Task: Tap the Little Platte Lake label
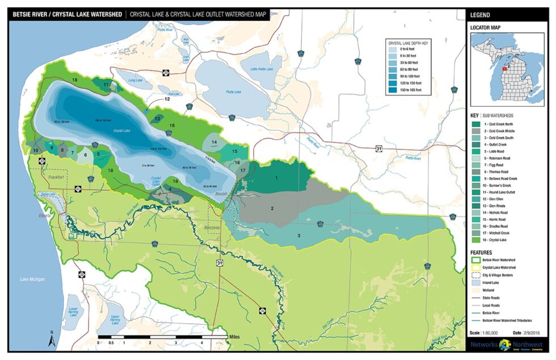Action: click(x=262, y=69)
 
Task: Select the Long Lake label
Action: click(x=136, y=81)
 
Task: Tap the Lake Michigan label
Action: click(x=32, y=279)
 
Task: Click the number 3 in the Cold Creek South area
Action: click(x=299, y=235)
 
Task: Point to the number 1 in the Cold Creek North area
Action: click(x=276, y=178)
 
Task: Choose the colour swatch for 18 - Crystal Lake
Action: click(x=476, y=240)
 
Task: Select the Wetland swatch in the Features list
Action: click(x=476, y=289)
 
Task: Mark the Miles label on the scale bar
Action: click(x=235, y=337)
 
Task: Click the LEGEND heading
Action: click(x=481, y=15)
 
